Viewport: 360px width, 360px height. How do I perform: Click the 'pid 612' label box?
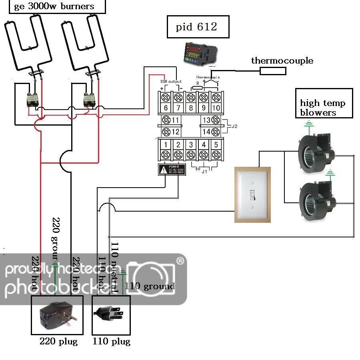pos(198,27)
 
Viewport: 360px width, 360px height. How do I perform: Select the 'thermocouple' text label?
pos(282,61)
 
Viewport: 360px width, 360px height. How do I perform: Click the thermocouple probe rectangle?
pos(273,71)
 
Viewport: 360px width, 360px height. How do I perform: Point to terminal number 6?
pos(166,102)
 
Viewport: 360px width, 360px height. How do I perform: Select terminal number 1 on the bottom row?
pos(166,149)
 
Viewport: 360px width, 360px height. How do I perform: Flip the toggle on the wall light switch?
pos(252,195)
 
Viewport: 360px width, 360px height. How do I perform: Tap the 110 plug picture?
pos(110,314)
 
